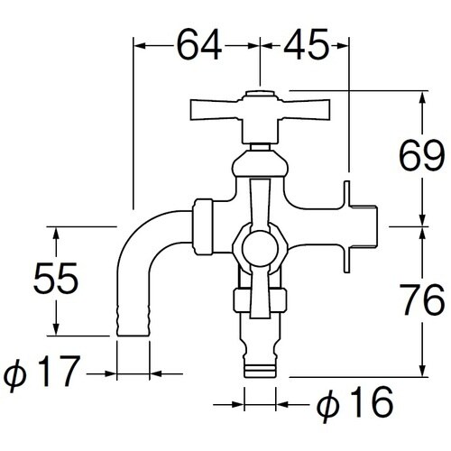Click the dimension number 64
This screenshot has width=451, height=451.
pos(199,45)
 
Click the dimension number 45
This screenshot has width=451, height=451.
pos(306,45)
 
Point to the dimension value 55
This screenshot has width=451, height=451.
pos(56,278)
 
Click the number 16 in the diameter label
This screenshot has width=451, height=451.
pos(372,402)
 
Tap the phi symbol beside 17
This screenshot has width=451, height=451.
pos(15,374)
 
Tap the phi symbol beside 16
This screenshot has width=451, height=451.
pos(328,405)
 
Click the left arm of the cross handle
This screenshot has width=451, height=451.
pos(215,110)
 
